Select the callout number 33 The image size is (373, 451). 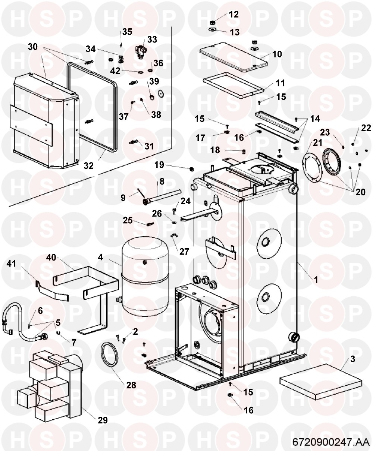click(152, 40)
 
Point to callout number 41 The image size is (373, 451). click(12, 264)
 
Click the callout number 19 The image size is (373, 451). click(159, 165)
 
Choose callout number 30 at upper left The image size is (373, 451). click(33, 47)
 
